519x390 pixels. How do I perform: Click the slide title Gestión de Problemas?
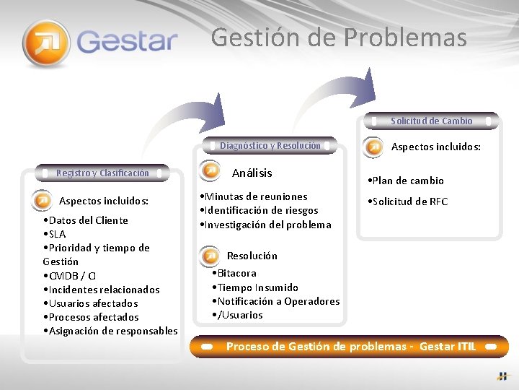[x=339, y=37]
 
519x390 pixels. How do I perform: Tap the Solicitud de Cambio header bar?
[x=431, y=121]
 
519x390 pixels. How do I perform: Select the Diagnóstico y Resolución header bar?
[x=270, y=145]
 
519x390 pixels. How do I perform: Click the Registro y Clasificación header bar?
[x=102, y=173]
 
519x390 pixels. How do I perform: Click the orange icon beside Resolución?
[x=209, y=256]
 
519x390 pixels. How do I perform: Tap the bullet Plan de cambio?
[x=405, y=181]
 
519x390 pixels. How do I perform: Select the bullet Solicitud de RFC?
[x=407, y=201]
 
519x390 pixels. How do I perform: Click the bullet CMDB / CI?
[x=69, y=276]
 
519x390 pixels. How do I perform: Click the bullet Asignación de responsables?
[x=110, y=331]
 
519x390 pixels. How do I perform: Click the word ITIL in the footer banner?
[x=466, y=346]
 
